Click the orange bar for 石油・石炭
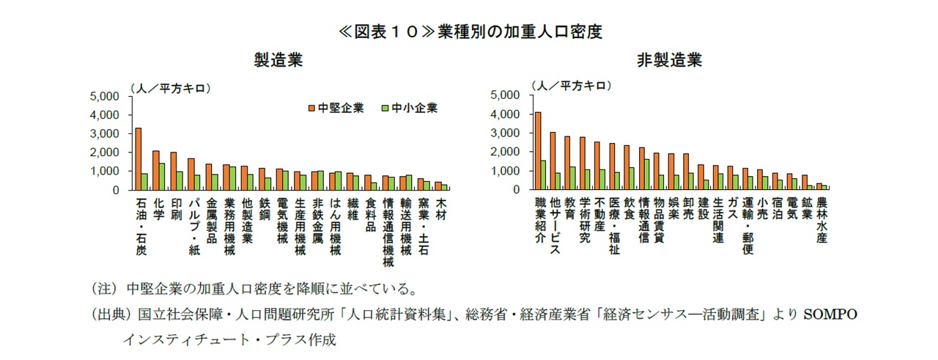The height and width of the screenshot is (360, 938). pyautogui.click(x=138, y=159)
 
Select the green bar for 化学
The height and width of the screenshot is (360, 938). pyautogui.click(x=162, y=177)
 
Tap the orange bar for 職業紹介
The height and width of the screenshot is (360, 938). pyautogui.click(x=538, y=151)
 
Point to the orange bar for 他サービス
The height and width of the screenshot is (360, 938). pyautogui.click(x=553, y=161)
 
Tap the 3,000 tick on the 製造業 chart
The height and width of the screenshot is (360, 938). pyautogui.click(x=103, y=133)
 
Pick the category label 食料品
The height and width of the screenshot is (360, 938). pyautogui.click(x=371, y=213)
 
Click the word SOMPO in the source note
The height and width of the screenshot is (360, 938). pyautogui.click(x=831, y=315)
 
